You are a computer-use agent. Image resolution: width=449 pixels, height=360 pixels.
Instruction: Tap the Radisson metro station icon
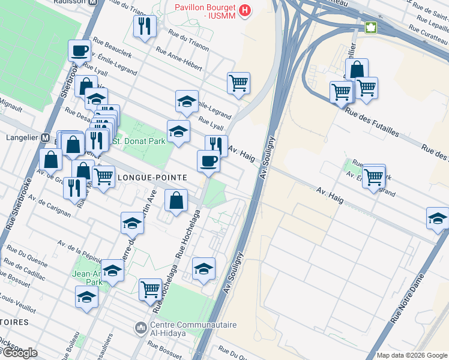(x=93, y=2)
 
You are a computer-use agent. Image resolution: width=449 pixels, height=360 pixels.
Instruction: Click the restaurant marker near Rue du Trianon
(x=145, y=26)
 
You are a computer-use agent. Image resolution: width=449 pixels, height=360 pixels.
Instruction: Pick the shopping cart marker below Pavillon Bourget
(x=238, y=83)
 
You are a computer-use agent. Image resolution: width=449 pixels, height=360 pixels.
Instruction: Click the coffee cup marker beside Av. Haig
(x=208, y=160)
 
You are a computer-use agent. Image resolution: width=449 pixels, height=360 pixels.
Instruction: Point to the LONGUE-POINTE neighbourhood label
(x=152, y=178)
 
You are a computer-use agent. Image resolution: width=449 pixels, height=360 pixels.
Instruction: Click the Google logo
(x=19, y=353)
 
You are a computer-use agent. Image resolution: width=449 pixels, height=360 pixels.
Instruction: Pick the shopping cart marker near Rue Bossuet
(x=149, y=290)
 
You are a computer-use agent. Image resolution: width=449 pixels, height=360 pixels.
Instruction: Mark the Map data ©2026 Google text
(x=412, y=355)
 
